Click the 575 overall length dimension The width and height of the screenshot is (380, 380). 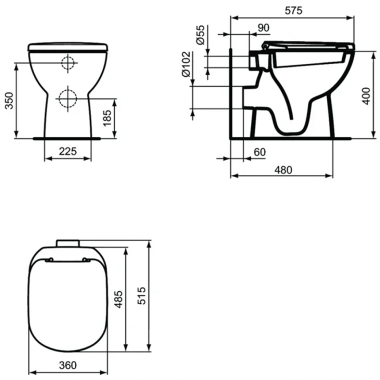pyautogui.click(x=293, y=11)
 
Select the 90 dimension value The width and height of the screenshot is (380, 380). pyautogui.click(x=263, y=28)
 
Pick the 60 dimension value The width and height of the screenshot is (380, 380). pyautogui.click(x=259, y=152)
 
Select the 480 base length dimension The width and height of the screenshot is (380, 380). pyautogui.click(x=283, y=170)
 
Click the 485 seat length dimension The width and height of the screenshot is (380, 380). pyautogui.click(x=119, y=299)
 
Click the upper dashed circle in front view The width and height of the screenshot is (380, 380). pyautogui.click(x=68, y=63)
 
